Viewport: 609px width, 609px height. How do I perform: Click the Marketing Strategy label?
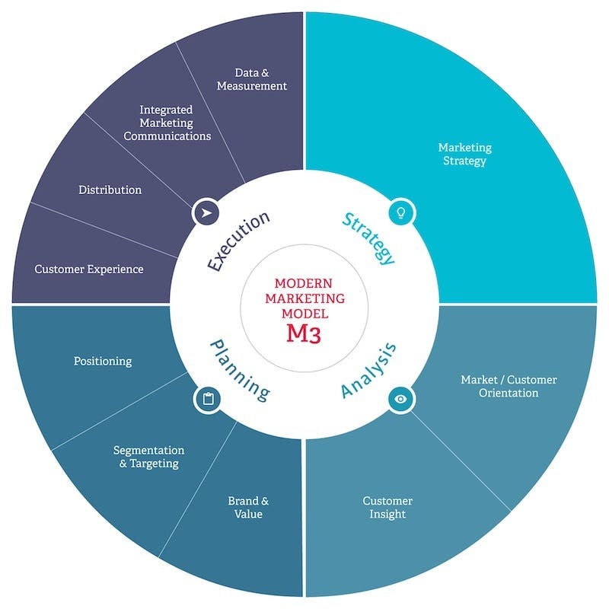pos(464,154)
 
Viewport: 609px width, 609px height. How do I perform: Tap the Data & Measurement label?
pos(252,79)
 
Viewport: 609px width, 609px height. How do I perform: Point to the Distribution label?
pos(110,190)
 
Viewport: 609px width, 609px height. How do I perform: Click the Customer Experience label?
pos(89,269)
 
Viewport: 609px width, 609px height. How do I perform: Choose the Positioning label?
pos(103,361)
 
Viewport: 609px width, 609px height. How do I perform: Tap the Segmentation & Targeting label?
pos(149,457)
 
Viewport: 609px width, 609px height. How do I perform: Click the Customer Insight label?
pos(387,507)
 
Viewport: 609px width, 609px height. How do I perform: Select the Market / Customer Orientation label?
pos(509,386)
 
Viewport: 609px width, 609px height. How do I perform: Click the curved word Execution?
pos(238,241)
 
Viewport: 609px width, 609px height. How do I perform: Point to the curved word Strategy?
pos(368,238)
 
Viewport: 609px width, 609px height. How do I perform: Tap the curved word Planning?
pos(239,370)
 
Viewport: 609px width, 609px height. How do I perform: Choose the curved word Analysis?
pos(369,371)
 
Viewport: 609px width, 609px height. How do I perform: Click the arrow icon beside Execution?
pos(206,212)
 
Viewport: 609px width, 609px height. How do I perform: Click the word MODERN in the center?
pos(304,283)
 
